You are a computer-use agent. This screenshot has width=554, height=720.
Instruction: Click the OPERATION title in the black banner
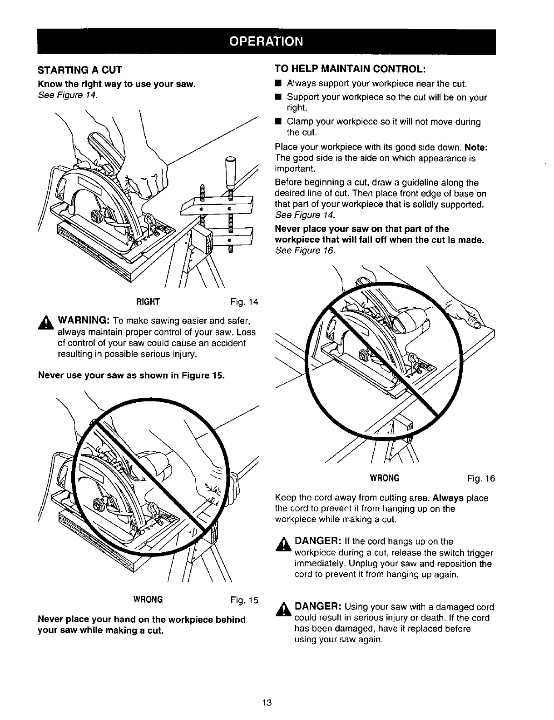coord(266,41)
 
